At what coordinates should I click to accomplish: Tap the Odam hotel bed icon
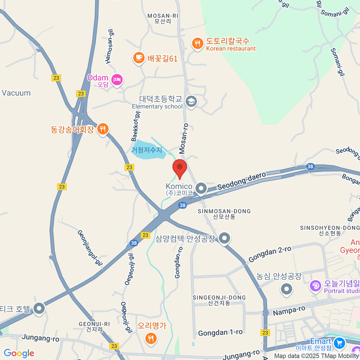tap(117, 80)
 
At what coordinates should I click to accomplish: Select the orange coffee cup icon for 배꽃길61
tap(139, 57)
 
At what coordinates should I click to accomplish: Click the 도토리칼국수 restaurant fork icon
tap(197, 44)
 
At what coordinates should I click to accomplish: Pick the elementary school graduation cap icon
tap(191, 101)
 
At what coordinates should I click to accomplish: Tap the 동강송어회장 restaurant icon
tap(103, 129)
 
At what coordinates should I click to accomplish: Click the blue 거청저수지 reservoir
tap(148, 150)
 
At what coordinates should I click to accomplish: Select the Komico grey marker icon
tap(201, 189)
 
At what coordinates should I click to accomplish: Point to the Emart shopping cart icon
tap(340, 343)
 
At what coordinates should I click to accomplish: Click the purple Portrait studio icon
tap(315, 286)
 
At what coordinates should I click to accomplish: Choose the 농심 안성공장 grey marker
tap(286, 289)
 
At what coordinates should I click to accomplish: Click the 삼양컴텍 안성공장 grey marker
tap(224, 238)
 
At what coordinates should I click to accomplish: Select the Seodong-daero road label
tap(241, 181)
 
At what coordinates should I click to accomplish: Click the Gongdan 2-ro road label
tap(270, 254)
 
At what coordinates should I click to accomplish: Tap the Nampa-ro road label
tap(289, 311)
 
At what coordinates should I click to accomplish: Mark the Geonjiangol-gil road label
tap(90, 248)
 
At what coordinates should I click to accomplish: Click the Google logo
tap(19, 353)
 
